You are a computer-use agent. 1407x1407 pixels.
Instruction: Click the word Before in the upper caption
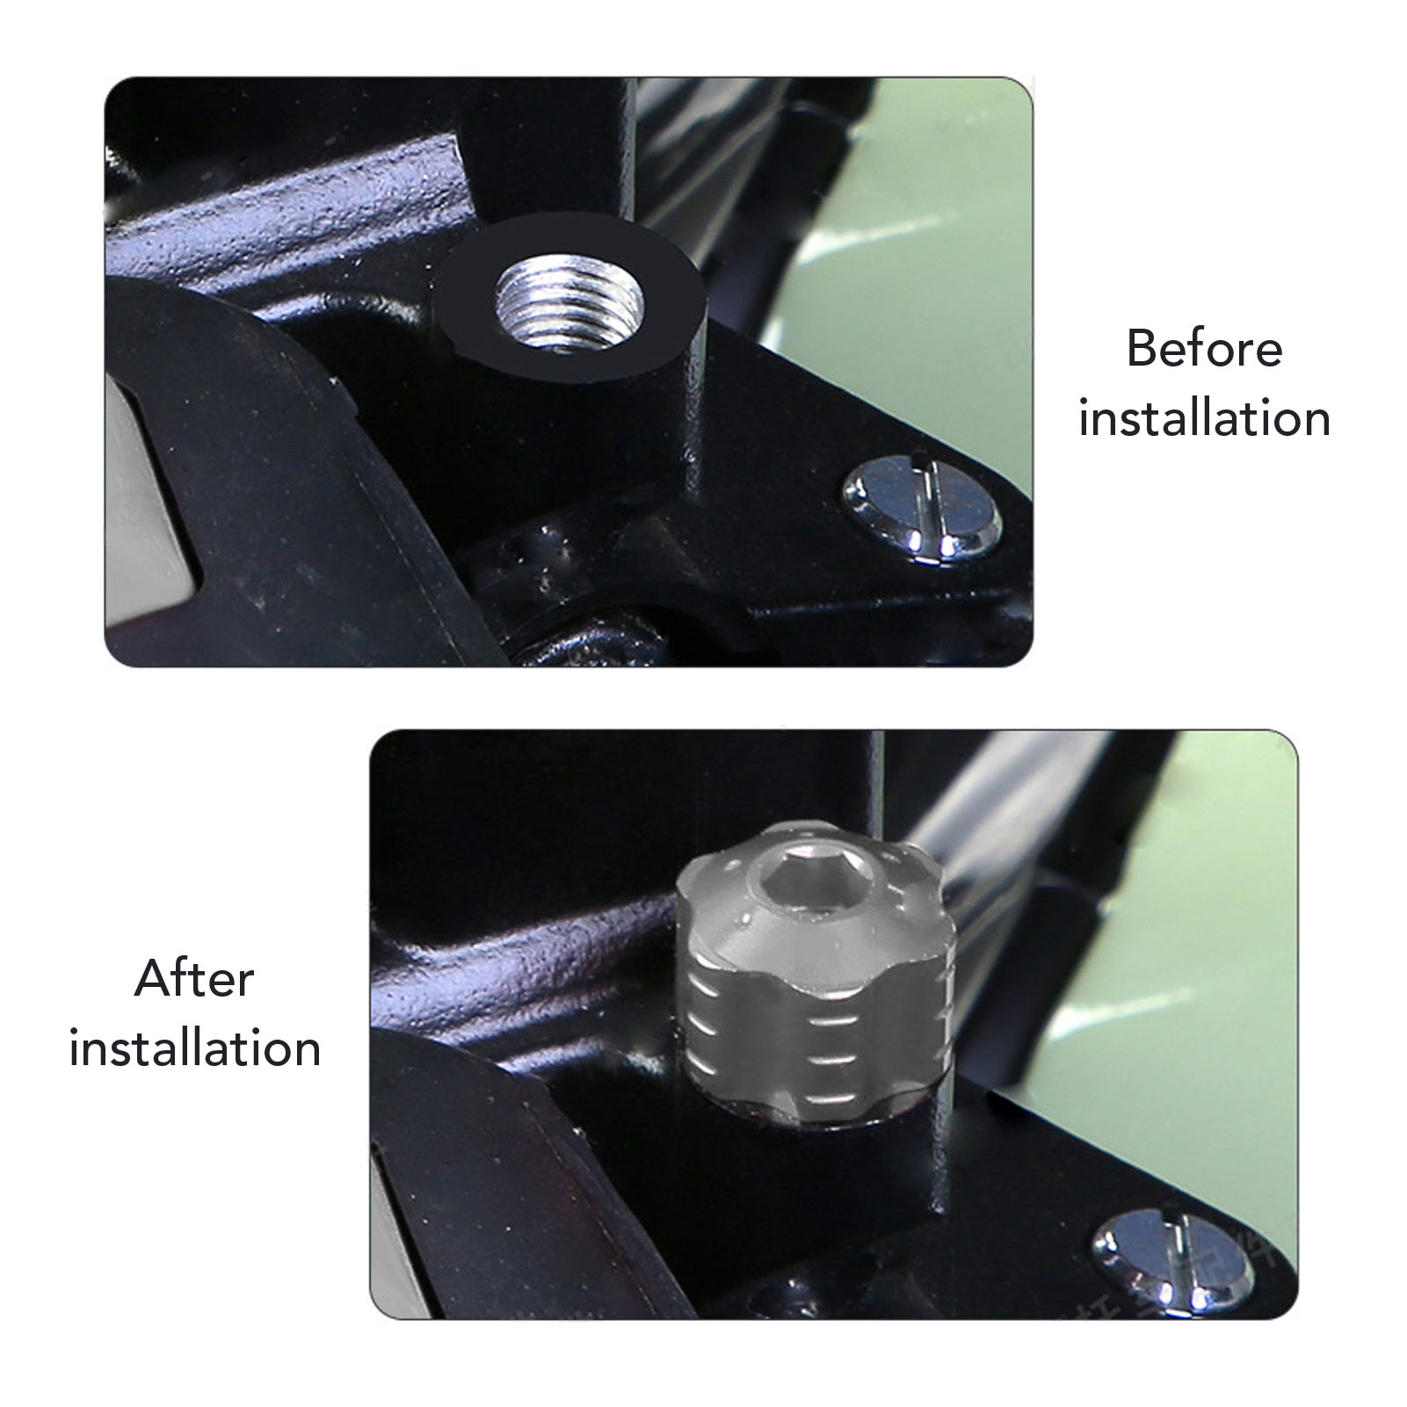1204,349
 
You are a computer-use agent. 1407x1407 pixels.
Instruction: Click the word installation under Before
1204,418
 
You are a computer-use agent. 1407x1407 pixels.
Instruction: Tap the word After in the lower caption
194,979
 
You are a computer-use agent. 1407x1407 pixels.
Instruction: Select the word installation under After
195,1048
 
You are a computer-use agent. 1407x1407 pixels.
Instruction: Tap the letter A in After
153,979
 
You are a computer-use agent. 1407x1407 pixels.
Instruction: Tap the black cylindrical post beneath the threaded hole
571,457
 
